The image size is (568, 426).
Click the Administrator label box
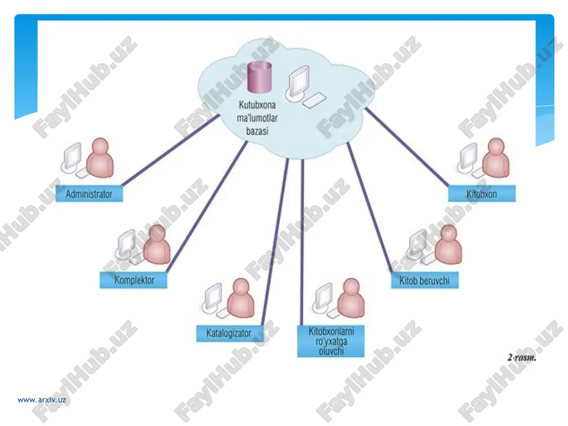89,194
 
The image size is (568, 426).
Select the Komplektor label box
133,280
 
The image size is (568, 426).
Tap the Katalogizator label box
229,333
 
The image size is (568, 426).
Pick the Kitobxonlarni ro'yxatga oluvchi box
331,341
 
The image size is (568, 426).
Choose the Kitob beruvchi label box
424,280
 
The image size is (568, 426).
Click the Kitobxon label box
482,194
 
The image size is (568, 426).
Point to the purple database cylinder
260,77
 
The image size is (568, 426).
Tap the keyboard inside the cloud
314,100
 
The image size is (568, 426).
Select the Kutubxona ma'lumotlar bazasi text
257,118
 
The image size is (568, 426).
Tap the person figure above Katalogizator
240,298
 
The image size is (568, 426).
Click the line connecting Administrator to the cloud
170,150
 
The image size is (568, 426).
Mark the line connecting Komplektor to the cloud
207,207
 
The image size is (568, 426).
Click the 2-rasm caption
521,357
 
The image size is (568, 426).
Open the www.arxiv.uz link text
41,400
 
